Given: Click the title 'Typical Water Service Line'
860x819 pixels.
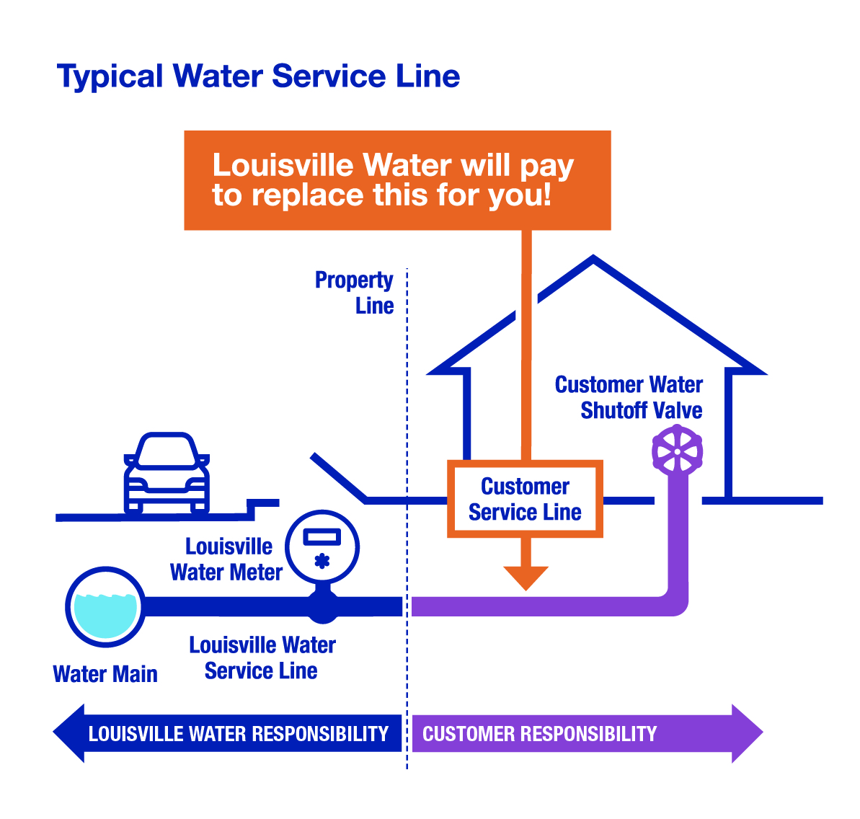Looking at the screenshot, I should coord(258,76).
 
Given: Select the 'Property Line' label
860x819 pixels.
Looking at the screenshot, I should coord(355,292).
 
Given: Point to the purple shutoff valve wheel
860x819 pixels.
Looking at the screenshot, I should coord(677,451).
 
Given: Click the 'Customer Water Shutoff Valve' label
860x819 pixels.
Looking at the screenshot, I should coord(629,397).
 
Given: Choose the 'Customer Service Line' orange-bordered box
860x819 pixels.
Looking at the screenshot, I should coord(525,499).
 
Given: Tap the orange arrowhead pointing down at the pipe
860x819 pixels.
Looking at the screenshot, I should coord(526,577).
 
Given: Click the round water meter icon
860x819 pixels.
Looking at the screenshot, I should coord(322,547).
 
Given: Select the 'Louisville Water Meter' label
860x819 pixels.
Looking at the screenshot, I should coord(226,559).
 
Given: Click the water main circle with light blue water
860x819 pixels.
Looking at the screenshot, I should coord(105,606).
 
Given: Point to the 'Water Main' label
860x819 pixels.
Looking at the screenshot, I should coord(105,674).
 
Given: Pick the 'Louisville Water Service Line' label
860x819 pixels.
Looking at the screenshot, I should coord(262,658).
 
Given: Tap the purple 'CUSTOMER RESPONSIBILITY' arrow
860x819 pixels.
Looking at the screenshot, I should coord(577,734).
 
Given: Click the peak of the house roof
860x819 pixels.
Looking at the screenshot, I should coord(593,260).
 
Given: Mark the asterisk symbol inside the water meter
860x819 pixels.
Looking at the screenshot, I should coord(322,560).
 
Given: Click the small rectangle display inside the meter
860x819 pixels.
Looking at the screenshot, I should coord(322,536).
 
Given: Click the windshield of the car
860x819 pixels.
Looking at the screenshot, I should coord(167,453).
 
